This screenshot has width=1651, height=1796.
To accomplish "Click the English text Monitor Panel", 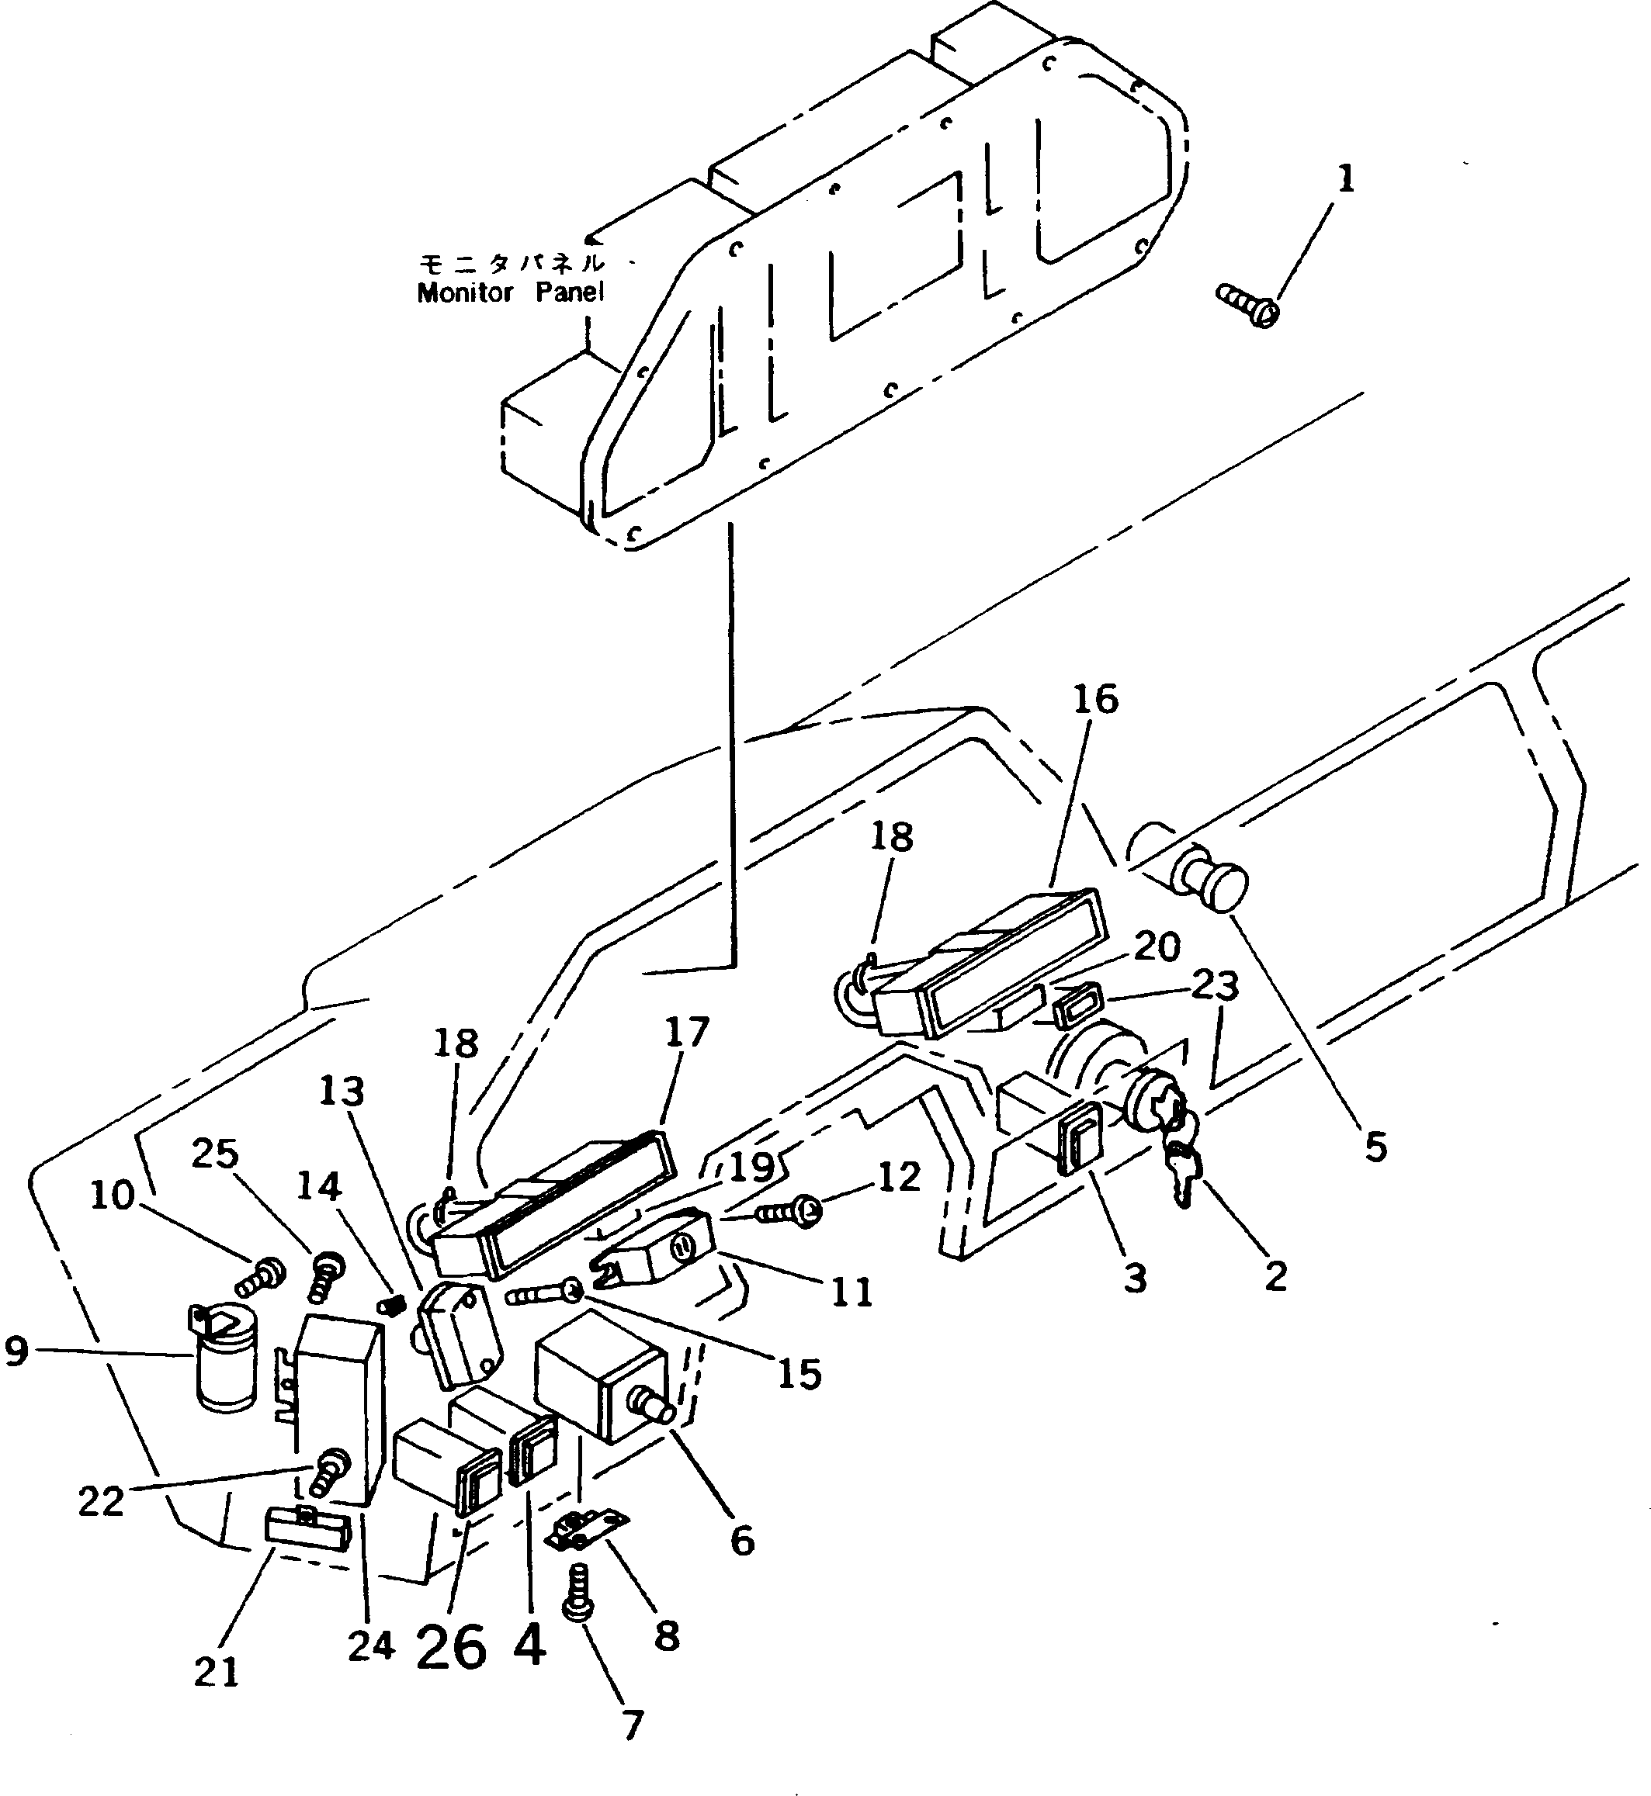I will (x=510, y=292).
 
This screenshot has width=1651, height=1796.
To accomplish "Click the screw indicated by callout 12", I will (x=789, y=1213).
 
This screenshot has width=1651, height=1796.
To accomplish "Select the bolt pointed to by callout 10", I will (x=260, y=1278).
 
